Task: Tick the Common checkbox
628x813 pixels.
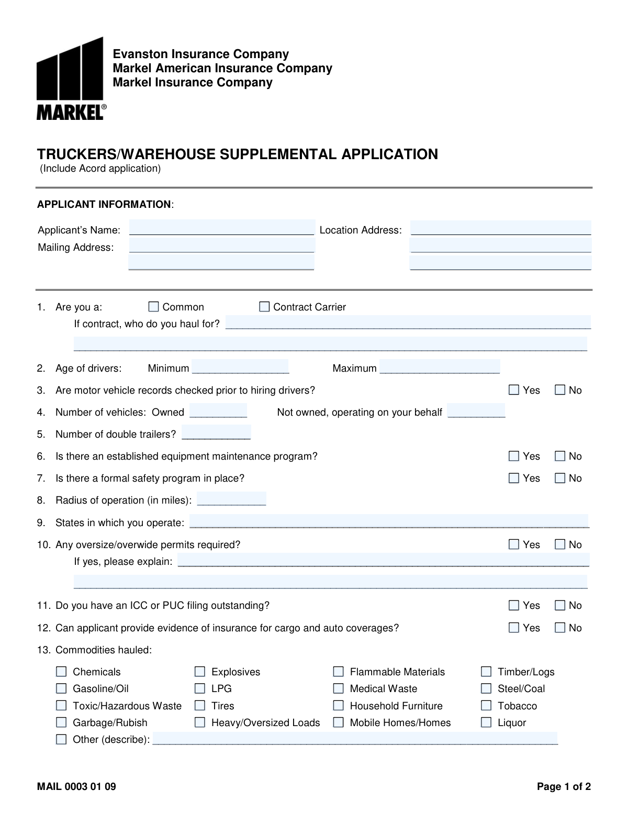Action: point(153,306)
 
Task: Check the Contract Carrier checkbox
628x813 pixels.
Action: point(264,306)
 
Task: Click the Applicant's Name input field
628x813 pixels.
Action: point(221,228)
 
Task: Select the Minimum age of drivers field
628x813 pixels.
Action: point(240,366)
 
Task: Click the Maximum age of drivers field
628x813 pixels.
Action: point(440,366)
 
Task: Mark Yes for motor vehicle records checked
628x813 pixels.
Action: point(514,389)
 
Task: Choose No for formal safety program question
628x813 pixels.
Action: point(560,477)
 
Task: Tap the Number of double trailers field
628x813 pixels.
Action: point(216,432)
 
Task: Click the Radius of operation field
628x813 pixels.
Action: point(231,498)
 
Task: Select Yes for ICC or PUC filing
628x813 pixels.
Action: point(514,605)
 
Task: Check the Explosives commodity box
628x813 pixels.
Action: point(200,671)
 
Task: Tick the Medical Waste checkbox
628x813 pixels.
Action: point(339,688)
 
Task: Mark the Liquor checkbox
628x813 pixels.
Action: point(486,722)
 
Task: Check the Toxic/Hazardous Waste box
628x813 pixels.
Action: point(61,705)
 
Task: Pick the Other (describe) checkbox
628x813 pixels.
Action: point(61,739)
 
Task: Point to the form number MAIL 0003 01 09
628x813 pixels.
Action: point(76,786)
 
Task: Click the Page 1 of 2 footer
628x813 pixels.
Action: point(564,786)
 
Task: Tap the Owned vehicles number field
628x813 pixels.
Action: point(218,411)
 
